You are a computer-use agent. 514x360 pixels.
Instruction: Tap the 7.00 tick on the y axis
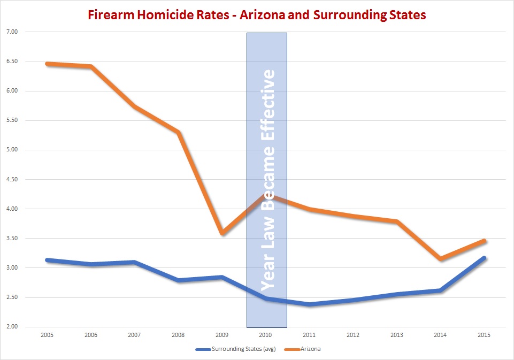click(11, 32)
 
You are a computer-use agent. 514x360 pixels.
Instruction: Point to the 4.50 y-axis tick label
click(11, 179)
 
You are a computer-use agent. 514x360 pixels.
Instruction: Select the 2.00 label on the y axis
click(11, 327)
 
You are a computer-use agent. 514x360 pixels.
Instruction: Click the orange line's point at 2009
click(223, 233)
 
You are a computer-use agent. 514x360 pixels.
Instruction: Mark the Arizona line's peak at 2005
click(47, 64)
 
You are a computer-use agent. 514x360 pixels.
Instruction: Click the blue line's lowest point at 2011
click(310, 304)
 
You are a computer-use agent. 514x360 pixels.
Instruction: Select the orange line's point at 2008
click(179, 132)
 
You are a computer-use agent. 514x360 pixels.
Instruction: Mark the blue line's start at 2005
click(47, 260)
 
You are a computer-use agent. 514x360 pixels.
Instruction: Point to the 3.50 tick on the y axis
click(11, 239)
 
